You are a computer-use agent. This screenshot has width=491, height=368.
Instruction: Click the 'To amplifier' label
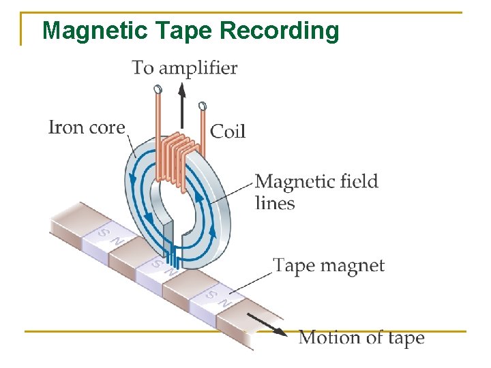coord(184,67)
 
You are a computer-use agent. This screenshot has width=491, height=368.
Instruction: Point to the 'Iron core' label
coord(87,127)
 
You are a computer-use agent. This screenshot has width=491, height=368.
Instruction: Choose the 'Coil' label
coord(228,131)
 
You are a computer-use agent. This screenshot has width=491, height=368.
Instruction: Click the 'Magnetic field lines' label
coord(316,191)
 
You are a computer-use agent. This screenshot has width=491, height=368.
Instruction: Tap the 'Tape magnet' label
coord(329,265)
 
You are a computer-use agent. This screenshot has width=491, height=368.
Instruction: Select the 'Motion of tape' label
coord(361,337)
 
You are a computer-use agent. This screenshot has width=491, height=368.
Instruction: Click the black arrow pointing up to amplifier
coord(181,106)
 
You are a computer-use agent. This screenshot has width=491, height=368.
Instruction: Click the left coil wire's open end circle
coord(158,89)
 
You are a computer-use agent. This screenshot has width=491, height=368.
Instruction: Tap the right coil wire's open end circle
coord(202,106)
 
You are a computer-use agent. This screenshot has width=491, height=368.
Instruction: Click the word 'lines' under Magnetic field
coord(275,203)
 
